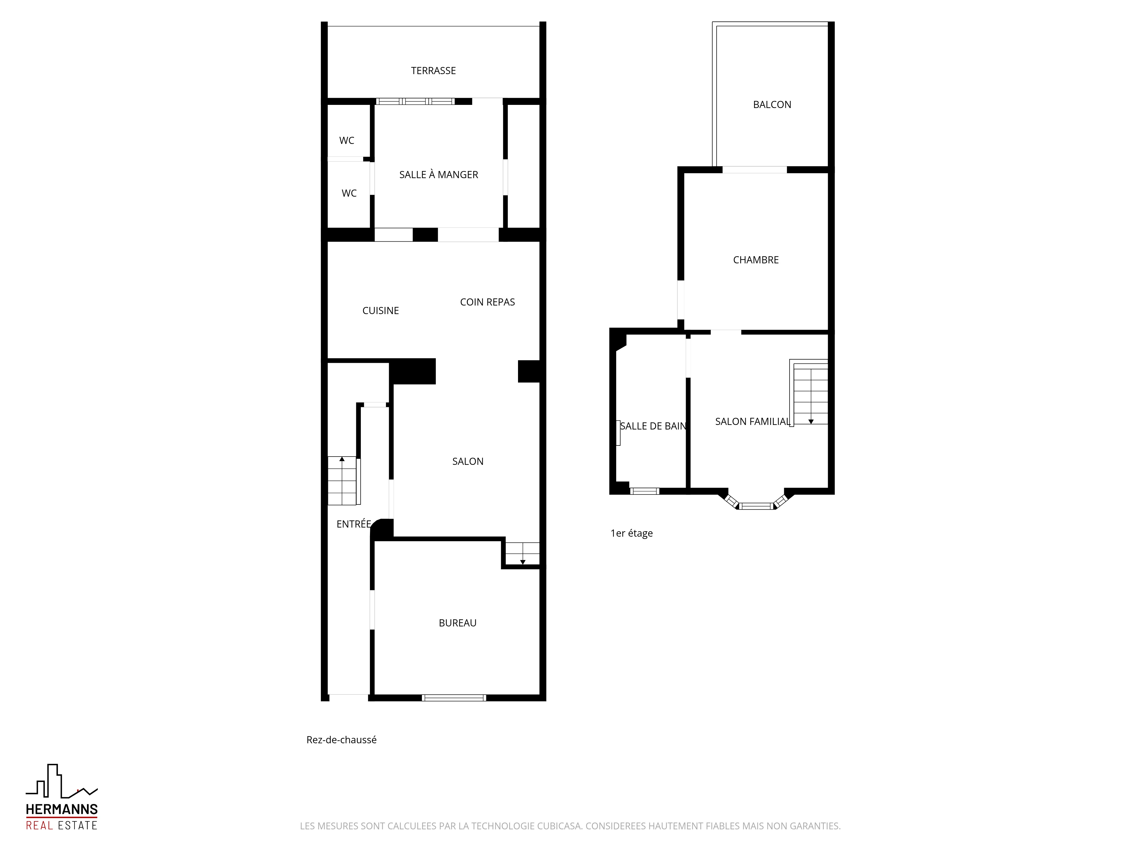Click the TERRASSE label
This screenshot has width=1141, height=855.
433,71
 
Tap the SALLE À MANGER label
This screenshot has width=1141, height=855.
438,175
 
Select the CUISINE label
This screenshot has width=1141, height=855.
381,311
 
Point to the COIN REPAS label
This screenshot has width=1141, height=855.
487,302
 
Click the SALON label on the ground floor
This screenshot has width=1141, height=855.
468,461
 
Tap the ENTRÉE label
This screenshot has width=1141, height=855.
354,524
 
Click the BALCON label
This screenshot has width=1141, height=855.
772,105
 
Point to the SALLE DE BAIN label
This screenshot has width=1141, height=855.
653,426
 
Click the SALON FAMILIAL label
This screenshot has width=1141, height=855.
752,422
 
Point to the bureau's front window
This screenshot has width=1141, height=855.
454,698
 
